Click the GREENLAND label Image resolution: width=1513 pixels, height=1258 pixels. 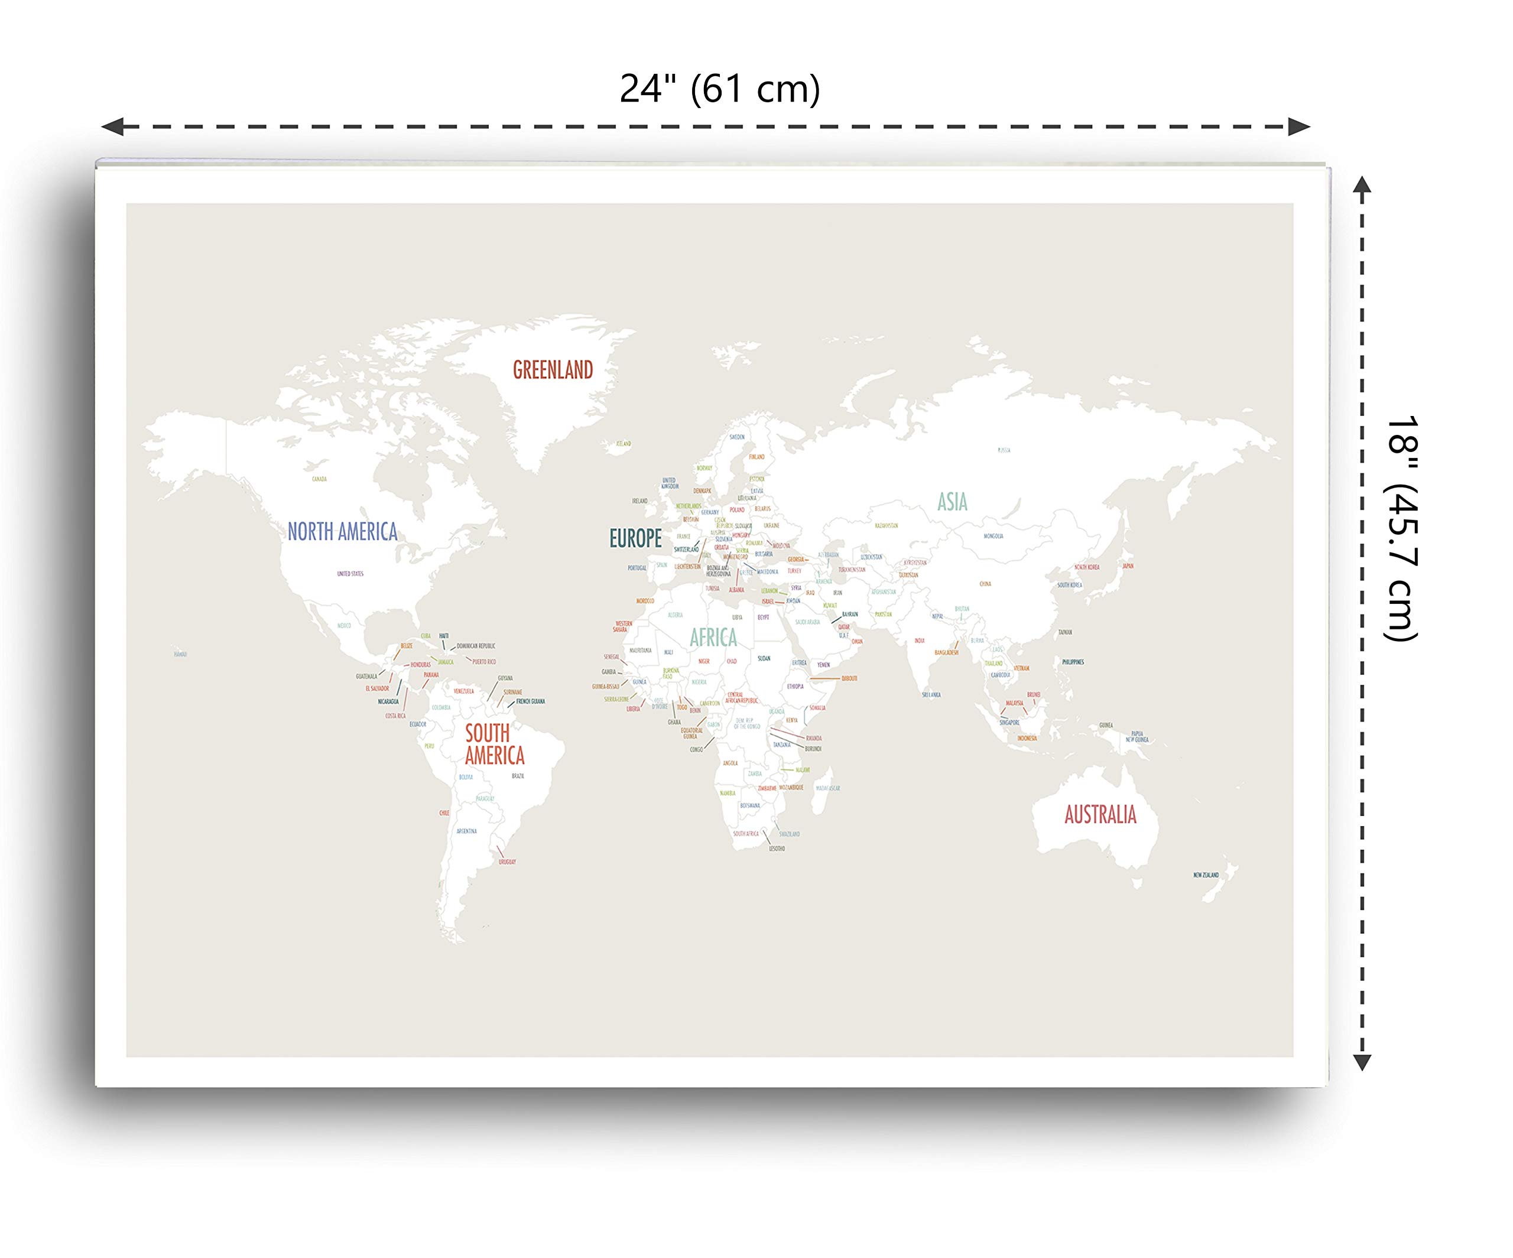tap(553, 370)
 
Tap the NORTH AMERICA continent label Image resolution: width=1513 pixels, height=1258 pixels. tap(342, 532)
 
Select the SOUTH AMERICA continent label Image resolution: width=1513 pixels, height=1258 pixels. tap(494, 745)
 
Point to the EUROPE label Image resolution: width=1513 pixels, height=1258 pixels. tap(635, 538)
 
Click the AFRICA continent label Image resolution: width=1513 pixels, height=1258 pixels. tap(713, 638)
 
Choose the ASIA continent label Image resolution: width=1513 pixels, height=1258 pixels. tap(952, 502)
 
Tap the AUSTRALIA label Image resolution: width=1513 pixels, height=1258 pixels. tap(1100, 815)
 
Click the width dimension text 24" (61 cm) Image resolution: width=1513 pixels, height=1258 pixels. tap(720, 89)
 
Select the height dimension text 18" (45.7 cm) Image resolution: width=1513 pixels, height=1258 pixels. tap(1402, 528)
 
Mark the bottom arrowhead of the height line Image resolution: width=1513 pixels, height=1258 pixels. tap(1362, 1062)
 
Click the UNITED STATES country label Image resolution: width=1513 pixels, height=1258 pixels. tap(350, 574)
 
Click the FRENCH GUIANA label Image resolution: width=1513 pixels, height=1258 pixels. tap(530, 701)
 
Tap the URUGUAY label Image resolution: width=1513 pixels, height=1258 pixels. tap(507, 862)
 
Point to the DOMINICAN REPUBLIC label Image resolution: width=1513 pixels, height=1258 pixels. tap(476, 646)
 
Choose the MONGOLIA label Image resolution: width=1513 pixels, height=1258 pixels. tap(993, 536)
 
